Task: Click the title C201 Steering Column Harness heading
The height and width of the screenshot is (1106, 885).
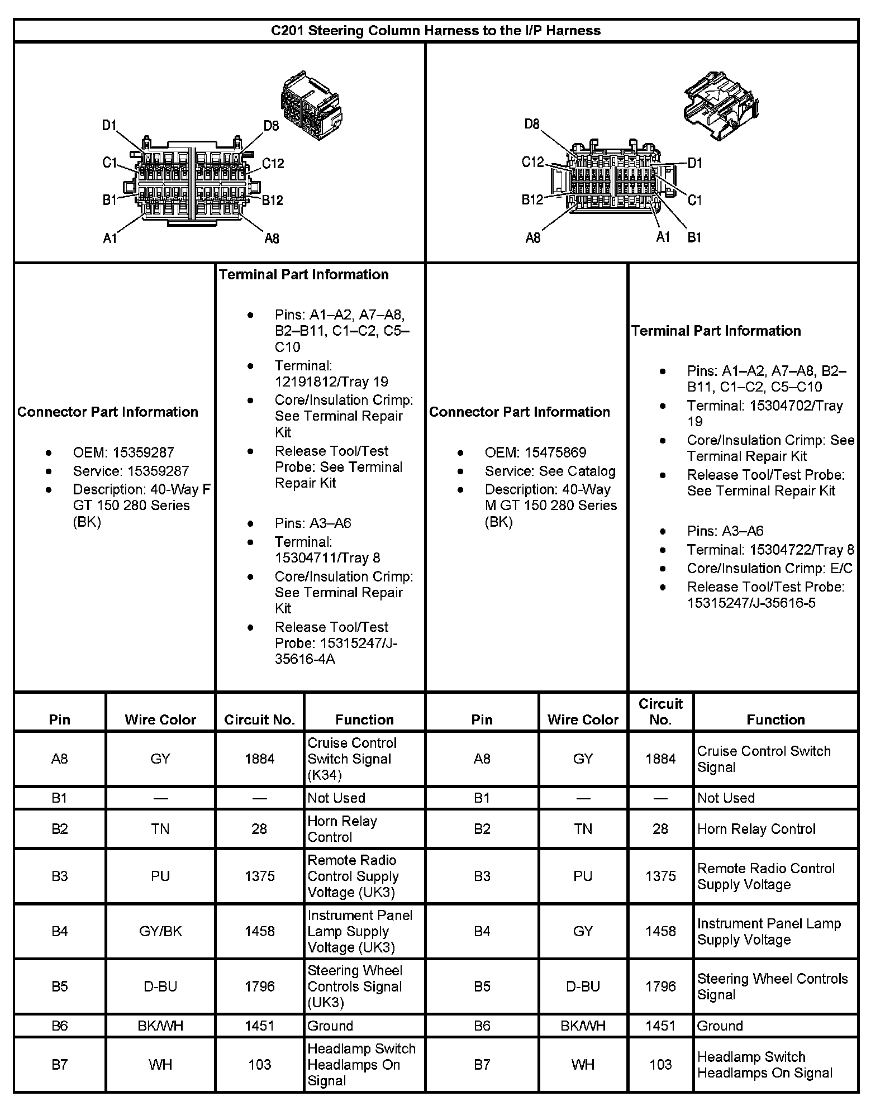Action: tap(435, 30)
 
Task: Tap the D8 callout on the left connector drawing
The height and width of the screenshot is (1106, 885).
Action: tap(271, 126)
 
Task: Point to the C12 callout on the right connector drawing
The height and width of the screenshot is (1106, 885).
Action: tap(532, 162)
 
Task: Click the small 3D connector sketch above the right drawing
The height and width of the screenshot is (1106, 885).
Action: tap(720, 104)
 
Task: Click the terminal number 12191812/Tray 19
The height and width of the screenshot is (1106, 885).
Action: tap(331, 382)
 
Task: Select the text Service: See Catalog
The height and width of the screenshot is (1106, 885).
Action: tap(550, 471)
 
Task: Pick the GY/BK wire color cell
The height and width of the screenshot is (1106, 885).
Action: tap(160, 931)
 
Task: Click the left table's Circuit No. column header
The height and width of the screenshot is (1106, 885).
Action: tap(259, 719)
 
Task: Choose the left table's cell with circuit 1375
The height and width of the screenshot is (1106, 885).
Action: tap(259, 876)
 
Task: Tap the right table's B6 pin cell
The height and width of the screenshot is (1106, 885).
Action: tap(482, 1026)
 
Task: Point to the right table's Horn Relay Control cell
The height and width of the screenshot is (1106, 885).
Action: tap(756, 829)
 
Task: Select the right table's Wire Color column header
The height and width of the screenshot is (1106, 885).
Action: tap(583, 719)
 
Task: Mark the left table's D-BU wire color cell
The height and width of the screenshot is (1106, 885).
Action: tap(160, 986)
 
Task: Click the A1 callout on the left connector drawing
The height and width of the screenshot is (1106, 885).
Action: tap(110, 239)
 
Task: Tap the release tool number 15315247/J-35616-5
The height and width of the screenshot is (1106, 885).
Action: tap(751, 603)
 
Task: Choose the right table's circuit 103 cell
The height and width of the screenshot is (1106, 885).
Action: tap(660, 1065)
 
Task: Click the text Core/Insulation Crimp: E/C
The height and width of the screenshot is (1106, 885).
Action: tap(769, 568)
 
